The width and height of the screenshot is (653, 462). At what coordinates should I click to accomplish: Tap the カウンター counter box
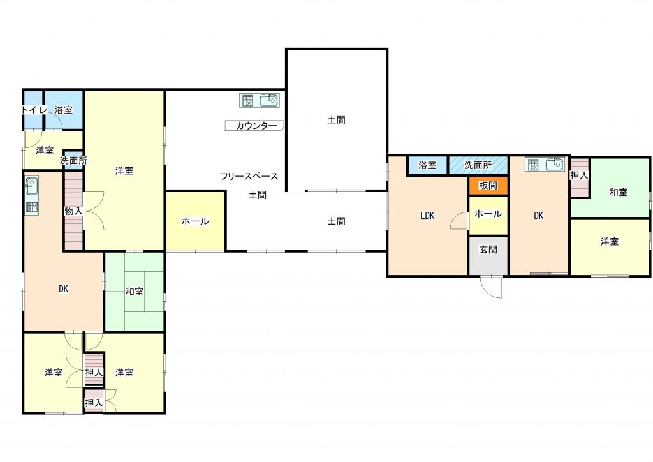coord(254,126)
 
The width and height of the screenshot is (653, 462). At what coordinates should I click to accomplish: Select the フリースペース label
coord(249,176)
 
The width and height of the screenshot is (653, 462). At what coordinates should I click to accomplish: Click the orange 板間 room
coord(488,186)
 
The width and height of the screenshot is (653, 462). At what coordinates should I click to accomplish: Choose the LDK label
coord(427,216)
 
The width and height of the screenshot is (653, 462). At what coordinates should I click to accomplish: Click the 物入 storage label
coord(73,211)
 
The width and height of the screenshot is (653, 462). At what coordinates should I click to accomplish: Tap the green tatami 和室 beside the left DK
coord(134,292)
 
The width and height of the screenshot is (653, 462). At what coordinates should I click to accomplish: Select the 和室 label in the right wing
coord(618,192)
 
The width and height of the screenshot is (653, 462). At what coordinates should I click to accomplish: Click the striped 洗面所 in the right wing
coord(478,165)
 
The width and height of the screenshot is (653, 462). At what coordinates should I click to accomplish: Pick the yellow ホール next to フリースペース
coord(195,221)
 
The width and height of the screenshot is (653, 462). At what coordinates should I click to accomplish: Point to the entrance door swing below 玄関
coord(492,287)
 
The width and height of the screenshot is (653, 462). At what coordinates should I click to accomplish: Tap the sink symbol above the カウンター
coord(270,100)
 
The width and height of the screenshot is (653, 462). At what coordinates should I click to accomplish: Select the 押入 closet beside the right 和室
coord(579,177)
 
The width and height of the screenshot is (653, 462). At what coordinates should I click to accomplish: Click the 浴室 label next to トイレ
coord(64,110)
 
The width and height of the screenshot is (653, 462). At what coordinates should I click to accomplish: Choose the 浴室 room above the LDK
coord(427,165)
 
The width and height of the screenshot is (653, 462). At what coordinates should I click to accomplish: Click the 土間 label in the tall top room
coord(337,120)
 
